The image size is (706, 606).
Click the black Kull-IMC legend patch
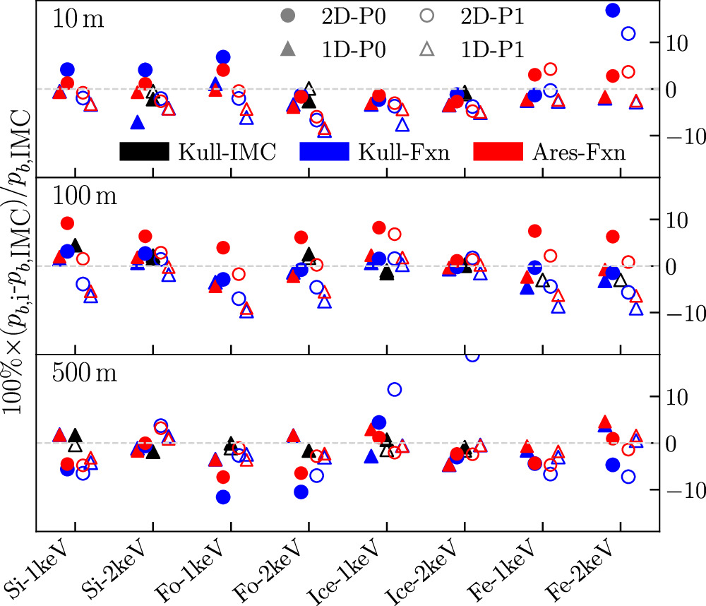tap(144, 151)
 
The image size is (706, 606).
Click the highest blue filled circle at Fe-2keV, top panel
tap(613, 10)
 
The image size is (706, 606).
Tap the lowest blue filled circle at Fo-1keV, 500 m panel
tap(223, 497)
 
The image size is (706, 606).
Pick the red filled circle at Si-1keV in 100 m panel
tap(68, 223)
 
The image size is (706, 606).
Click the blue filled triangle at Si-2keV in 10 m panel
tap(138, 123)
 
